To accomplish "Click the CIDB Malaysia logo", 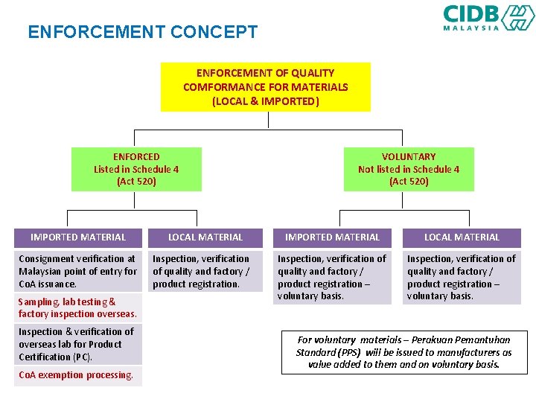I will pyautogui.click(x=488, y=17).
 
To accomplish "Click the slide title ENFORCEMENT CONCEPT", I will pyautogui.click(x=142, y=32).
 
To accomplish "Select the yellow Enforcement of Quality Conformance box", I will pyautogui.click(x=265, y=87).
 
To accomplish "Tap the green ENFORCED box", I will pyautogui.click(x=136, y=169).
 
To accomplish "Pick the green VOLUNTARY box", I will pyautogui.click(x=408, y=169).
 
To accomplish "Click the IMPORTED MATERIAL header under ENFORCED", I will pyautogui.click(x=78, y=237).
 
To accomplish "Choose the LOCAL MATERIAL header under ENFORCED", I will pyautogui.click(x=205, y=237).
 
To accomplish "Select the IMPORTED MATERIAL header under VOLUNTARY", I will pyautogui.click(x=332, y=237).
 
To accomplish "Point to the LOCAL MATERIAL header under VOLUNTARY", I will pyautogui.click(x=462, y=237).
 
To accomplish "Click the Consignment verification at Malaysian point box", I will pyautogui.click(x=78, y=271).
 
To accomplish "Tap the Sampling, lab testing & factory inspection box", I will pyautogui.click(x=78, y=308).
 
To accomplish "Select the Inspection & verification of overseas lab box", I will pyautogui.click(x=78, y=344).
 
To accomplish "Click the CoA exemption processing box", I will pyautogui.click(x=78, y=375).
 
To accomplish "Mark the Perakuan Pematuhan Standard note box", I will pyautogui.click(x=404, y=352).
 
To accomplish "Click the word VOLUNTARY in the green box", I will pyautogui.click(x=408, y=156).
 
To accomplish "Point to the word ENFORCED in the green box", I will pyautogui.click(x=136, y=156).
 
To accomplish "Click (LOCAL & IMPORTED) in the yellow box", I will pyautogui.click(x=265, y=100).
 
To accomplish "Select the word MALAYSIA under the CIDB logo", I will pyautogui.click(x=471, y=28).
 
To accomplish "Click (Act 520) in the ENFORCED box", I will pyautogui.click(x=136, y=182).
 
